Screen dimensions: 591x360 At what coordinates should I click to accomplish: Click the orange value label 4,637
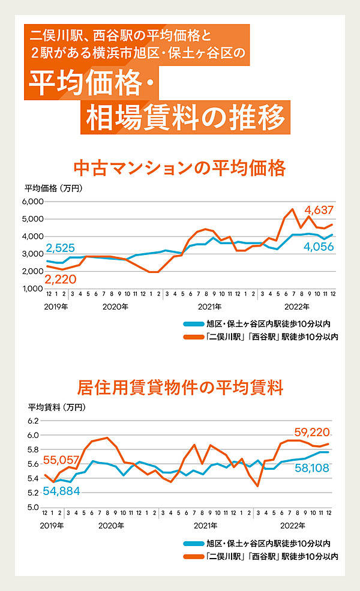coord(319,210)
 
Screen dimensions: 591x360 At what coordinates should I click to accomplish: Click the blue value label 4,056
coord(317,247)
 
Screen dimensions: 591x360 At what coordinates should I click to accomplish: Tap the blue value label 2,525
coord(59,248)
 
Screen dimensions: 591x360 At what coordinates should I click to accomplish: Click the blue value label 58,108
coord(311,467)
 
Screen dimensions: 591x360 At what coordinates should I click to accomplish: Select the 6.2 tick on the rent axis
coord(33,421)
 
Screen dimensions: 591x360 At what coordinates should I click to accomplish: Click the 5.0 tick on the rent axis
coord(33,508)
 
